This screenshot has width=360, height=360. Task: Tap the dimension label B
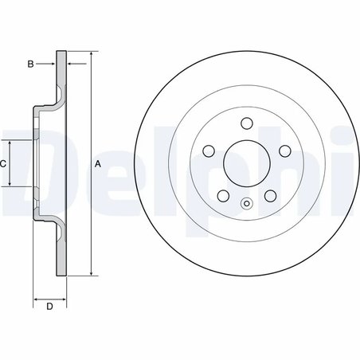[x=30, y=63]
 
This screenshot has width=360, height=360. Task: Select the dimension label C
[x=3, y=163]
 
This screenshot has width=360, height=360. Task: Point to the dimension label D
[x=49, y=307]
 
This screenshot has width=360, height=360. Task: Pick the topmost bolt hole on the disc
[x=246, y=123]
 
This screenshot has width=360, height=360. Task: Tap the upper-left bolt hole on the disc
[x=209, y=150]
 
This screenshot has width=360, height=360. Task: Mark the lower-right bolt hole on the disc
[x=269, y=195]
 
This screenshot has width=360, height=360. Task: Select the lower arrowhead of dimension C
[x=10, y=185]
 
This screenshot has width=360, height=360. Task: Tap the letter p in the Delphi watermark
[x=263, y=167]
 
